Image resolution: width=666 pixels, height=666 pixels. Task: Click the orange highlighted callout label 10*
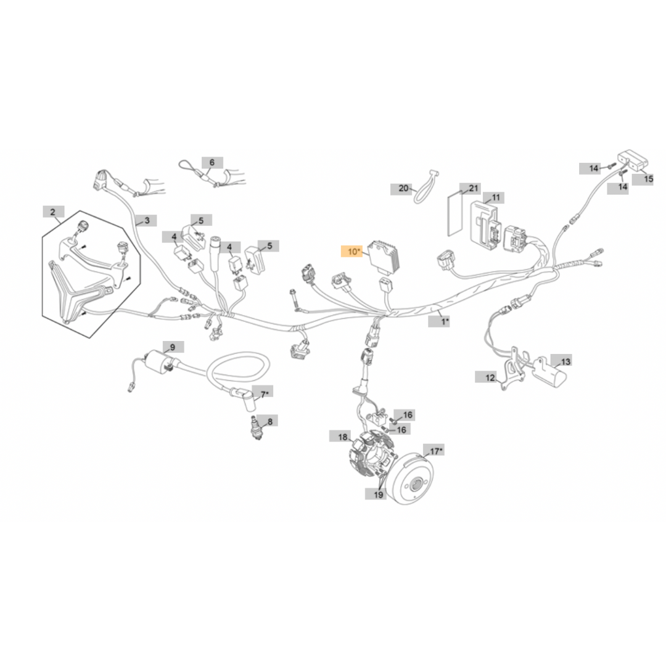point(351,252)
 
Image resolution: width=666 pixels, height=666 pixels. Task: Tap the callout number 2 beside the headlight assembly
point(53,212)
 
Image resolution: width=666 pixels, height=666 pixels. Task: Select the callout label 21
point(471,189)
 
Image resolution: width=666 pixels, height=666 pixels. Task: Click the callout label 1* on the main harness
point(439,321)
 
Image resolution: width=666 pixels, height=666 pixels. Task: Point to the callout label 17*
point(434,450)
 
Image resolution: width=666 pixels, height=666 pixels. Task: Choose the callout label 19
point(376,494)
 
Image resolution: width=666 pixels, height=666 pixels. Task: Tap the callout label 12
point(486,377)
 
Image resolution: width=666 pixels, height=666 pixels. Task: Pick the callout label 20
point(401,189)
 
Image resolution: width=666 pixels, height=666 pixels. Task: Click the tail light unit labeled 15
point(633,160)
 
